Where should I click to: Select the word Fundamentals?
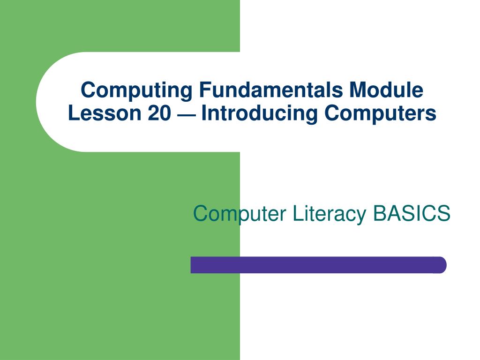tap(271, 90)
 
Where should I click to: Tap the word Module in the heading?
tap(386, 90)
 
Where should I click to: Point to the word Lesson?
tap(105, 113)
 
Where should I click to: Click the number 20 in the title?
tap(159, 113)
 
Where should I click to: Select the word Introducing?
tap(259, 114)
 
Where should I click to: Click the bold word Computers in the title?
tap(380, 113)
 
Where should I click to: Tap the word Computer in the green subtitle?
tap(240, 214)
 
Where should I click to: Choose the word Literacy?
tap(329, 214)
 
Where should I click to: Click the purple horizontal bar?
tap(318, 265)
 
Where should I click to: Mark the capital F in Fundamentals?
tap(205, 90)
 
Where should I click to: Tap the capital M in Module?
tap(358, 90)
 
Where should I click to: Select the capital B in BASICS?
tap(379, 213)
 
